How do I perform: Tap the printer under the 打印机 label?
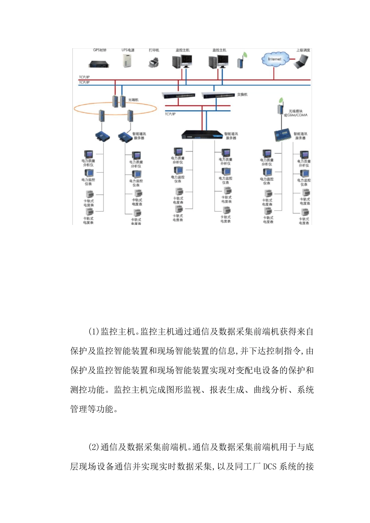point(154,62)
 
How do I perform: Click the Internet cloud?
point(275,59)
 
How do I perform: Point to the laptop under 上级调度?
point(301,61)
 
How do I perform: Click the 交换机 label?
point(242,95)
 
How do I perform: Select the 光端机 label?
point(133,100)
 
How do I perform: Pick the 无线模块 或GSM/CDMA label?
point(296,113)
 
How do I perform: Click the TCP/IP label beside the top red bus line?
point(84,77)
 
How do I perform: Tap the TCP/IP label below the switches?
point(170,114)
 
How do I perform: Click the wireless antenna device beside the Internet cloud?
point(241,61)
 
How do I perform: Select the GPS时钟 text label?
point(100,50)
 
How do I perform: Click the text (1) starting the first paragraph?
point(94,332)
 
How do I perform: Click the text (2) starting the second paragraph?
point(94,447)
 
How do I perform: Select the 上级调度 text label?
point(303,50)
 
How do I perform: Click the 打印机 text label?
point(154,50)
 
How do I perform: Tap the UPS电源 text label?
point(128,50)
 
